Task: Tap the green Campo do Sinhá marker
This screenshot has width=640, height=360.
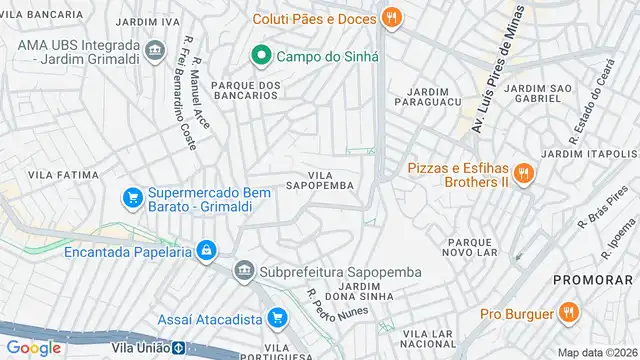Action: click(x=262, y=55)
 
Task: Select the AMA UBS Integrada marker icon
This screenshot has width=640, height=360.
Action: click(x=154, y=49)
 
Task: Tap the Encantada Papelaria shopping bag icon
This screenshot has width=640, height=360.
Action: click(x=206, y=251)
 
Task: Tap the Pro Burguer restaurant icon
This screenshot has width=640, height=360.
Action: click(x=568, y=313)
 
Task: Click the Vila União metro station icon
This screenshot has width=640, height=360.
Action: click(x=177, y=349)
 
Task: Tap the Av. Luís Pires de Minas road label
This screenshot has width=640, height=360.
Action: click(x=497, y=70)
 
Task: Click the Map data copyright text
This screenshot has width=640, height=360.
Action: click(x=596, y=352)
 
